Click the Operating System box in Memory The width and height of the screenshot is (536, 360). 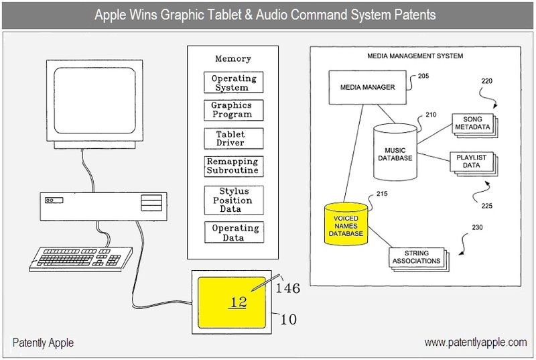pos(234,82)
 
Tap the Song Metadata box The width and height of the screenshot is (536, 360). pos(472,123)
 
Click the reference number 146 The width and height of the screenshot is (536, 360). pos(287,288)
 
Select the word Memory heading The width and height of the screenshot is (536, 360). pos(232,59)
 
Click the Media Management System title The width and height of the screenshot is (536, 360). pos(415,56)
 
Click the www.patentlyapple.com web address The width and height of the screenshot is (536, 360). pos(476,343)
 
